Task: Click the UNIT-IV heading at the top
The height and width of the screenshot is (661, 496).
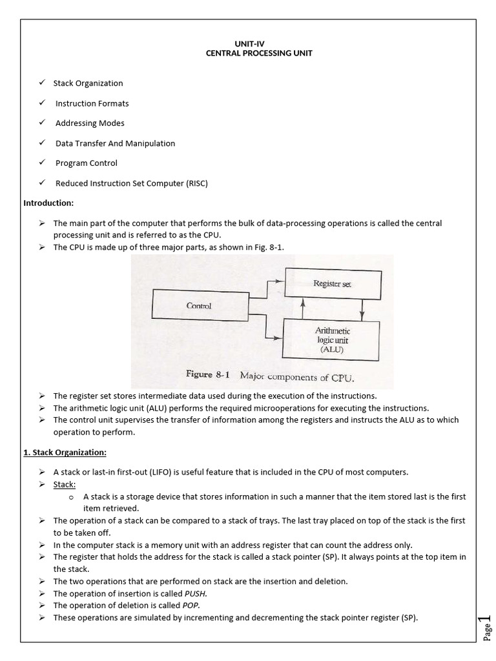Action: pyautogui.click(x=258, y=43)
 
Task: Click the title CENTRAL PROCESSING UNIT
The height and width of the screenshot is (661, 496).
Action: pyautogui.click(x=258, y=53)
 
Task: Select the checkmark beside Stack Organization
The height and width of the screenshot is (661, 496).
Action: pyautogui.click(x=41, y=83)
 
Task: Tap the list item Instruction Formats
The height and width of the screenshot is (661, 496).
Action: pyautogui.click(x=92, y=103)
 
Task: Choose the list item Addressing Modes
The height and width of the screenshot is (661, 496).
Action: pyautogui.click(x=90, y=123)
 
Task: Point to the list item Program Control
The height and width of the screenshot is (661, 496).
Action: pyautogui.click(x=86, y=163)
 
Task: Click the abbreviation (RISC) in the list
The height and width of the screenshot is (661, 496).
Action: pyautogui.click(x=196, y=183)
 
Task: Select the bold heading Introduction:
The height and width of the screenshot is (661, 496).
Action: pyautogui.click(x=48, y=203)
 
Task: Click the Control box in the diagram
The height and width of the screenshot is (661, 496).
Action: pyautogui.click(x=199, y=305)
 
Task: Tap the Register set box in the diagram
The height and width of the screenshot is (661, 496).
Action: pyautogui.click(x=332, y=283)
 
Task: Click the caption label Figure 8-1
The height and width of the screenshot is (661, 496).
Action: pyautogui.click(x=208, y=375)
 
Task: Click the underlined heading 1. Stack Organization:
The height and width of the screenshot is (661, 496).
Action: pyautogui.click(x=65, y=452)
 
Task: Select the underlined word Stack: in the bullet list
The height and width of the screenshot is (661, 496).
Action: pyautogui.click(x=65, y=484)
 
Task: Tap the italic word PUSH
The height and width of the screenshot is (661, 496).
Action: pyautogui.click(x=196, y=593)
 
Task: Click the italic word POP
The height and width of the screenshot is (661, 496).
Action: pyautogui.click(x=190, y=605)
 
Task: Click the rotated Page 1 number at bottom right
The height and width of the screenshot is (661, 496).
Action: pyautogui.click(x=488, y=629)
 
